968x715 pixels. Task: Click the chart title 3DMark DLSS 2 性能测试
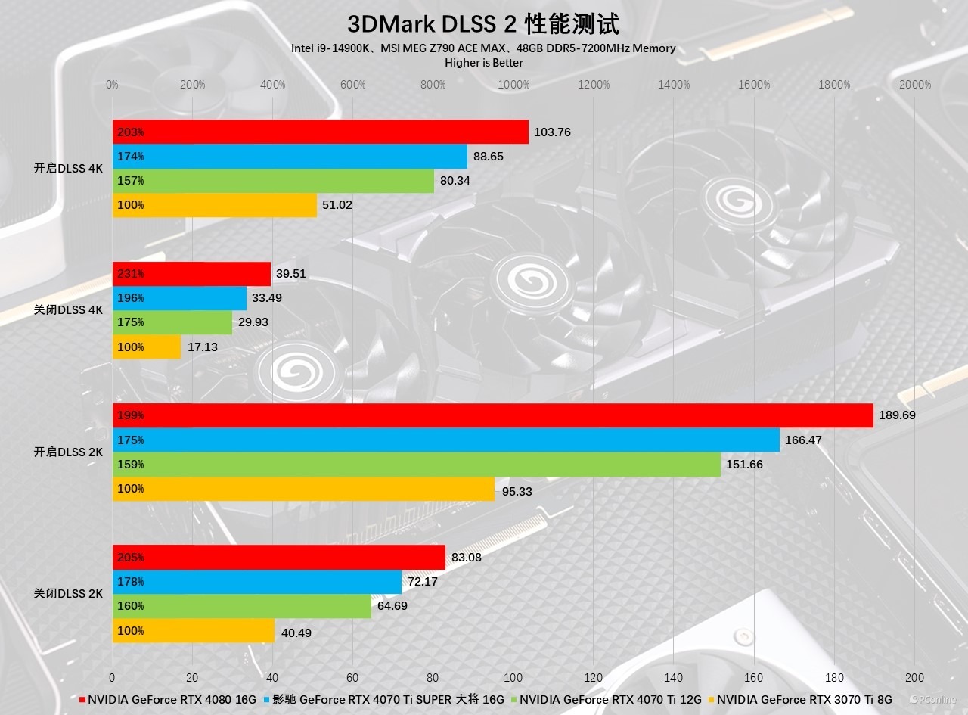tap(483, 24)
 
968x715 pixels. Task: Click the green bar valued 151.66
tap(416, 464)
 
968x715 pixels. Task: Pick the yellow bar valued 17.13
tap(147, 347)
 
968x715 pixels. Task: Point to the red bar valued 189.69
tap(492, 415)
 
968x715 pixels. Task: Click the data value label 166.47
tap(803, 440)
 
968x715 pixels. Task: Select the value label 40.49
tap(296, 633)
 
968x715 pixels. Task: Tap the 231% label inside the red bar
tap(130, 274)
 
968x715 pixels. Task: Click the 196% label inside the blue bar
tap(130, 298)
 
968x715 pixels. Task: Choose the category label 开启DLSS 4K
tap(68, 169)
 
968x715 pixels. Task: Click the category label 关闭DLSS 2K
tap(68, 594)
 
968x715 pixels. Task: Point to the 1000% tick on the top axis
tap(513, 85)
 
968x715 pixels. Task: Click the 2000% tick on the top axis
tap(915, 85)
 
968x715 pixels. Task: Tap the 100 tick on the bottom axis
tap(513, 677)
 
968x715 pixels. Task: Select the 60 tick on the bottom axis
tap(353, 677)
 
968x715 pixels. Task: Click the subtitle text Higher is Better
tap(483, 62)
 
